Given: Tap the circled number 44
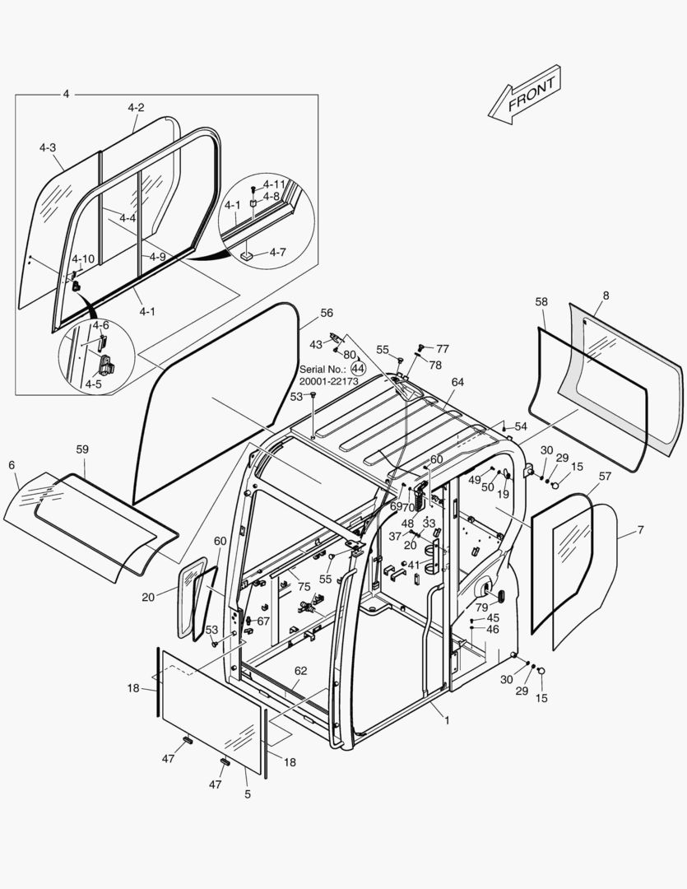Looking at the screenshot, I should pyautogui.click(x=358, y=369).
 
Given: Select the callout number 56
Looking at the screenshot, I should pyautogui.click(x=327, y=313).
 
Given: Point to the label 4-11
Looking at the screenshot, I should pyautogui.click(x=274, y=184).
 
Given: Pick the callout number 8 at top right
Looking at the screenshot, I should pyautogui.click(x=606, y=295).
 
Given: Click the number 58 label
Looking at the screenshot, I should pyautogui.click(x=541, y=302).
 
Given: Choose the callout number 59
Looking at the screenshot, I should pyautogui.click(x=82, y=449).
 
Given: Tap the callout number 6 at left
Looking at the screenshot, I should pyautogui.click(x=12, y=465).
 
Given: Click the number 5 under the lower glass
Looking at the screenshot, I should pyautogui.click(x=248, y=794).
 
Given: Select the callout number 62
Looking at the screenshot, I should pyautogui.click(x=301, y=671).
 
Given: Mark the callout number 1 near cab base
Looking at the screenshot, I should pyautogui.click(x=447, y=720).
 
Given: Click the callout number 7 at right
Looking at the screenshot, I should pyautogui.click(x=640, y=531).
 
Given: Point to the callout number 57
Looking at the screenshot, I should pyautogui.click(x=605, y=476).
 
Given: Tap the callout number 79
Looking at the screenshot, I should pyautogui.click(x=481, y=607).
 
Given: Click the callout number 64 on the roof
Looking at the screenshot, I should pyautogui.click(x=457, y=382).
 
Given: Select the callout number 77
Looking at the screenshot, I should pyautogui.click(x=443, y=348).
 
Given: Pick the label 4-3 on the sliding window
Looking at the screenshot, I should pyautogui.click(x=48, y=147).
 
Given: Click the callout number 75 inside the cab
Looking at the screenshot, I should pyautogui.click(x=304, y=587).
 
